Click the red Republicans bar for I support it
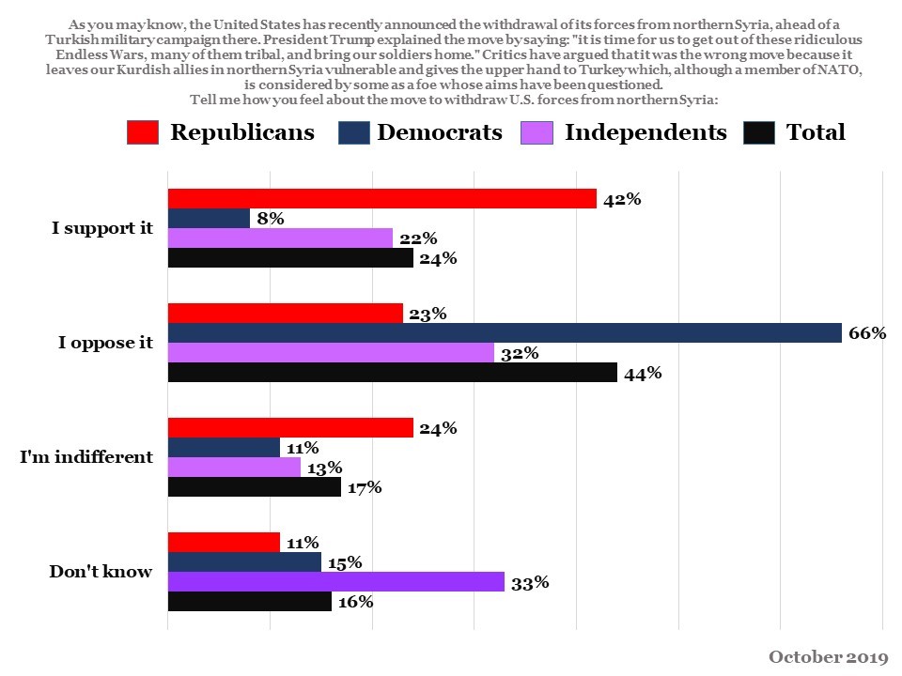381,198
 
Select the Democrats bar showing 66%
505,332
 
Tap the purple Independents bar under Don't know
335,582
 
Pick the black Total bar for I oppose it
392,373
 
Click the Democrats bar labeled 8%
209,218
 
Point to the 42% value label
622,198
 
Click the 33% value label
530,582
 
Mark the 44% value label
643,373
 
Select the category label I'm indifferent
86,457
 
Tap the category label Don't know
101,571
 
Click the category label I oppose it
105,343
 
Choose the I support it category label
101,228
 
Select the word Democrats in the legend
440,132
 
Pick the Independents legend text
645,132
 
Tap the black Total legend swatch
758,132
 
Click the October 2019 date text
828,656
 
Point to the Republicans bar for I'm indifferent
289,427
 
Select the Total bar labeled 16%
249,602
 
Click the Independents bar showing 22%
279,238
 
